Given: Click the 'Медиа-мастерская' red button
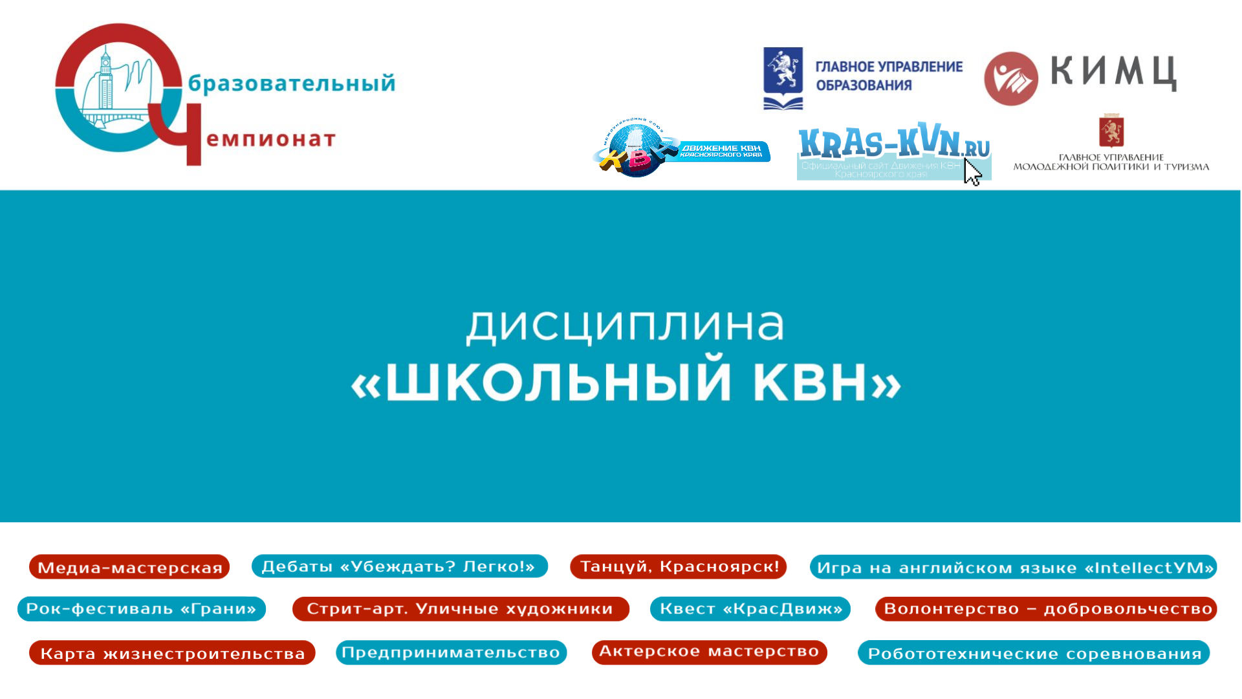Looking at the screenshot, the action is [x=129, y=567].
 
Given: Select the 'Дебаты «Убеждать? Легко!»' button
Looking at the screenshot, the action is [x=400, y=566].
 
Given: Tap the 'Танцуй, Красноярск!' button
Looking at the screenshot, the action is [x=678, y=566].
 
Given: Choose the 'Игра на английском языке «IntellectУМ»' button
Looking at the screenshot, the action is [x=1013, y=567].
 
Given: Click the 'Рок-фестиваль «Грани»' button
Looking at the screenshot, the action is [x=142, y=609].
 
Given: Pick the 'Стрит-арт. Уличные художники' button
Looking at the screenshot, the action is [x=461, y=609].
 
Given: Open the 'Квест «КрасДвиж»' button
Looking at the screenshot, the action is [x=750, y=609].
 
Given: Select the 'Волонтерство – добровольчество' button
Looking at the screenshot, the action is [x=1046, y=609].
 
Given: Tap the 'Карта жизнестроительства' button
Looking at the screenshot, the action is [x=172, y=652].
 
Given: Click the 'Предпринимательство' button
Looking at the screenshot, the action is [x=452, y=652].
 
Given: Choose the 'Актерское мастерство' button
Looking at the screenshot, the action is [x=710, y=652].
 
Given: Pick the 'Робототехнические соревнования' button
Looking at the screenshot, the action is [x=1034, y=652].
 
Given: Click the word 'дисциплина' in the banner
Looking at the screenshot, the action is [x=625, y=325].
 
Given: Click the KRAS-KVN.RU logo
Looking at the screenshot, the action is [x=894, y=151].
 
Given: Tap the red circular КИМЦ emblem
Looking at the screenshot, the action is [x=1011, y=79].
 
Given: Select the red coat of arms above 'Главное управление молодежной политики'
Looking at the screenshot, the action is [x=1111, y=131].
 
